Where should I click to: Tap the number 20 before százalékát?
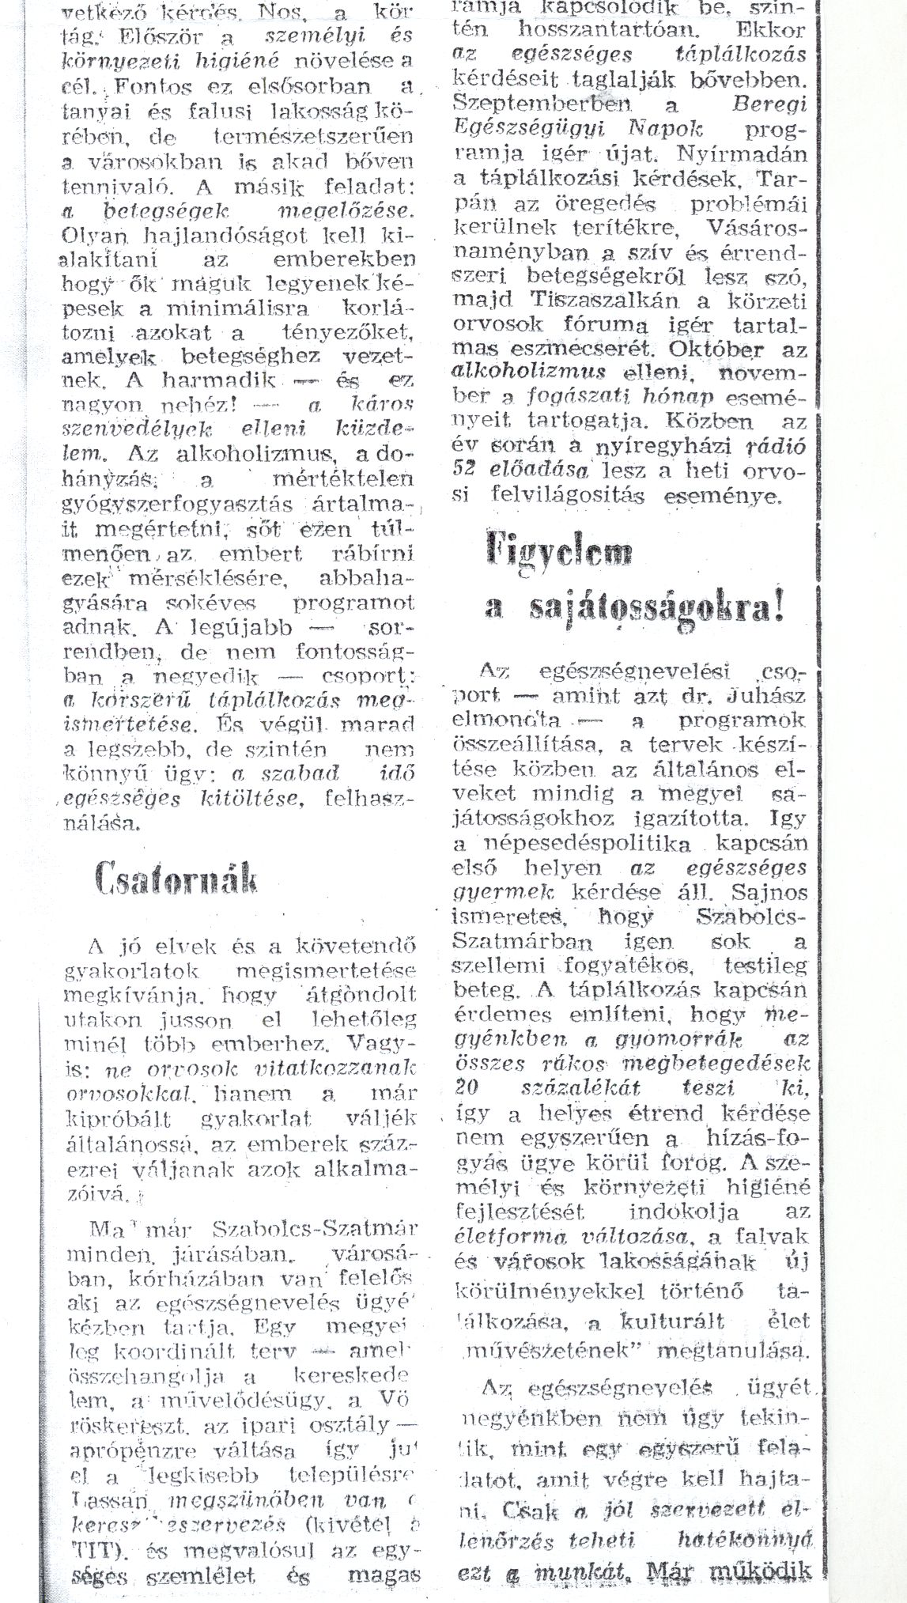467,1087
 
